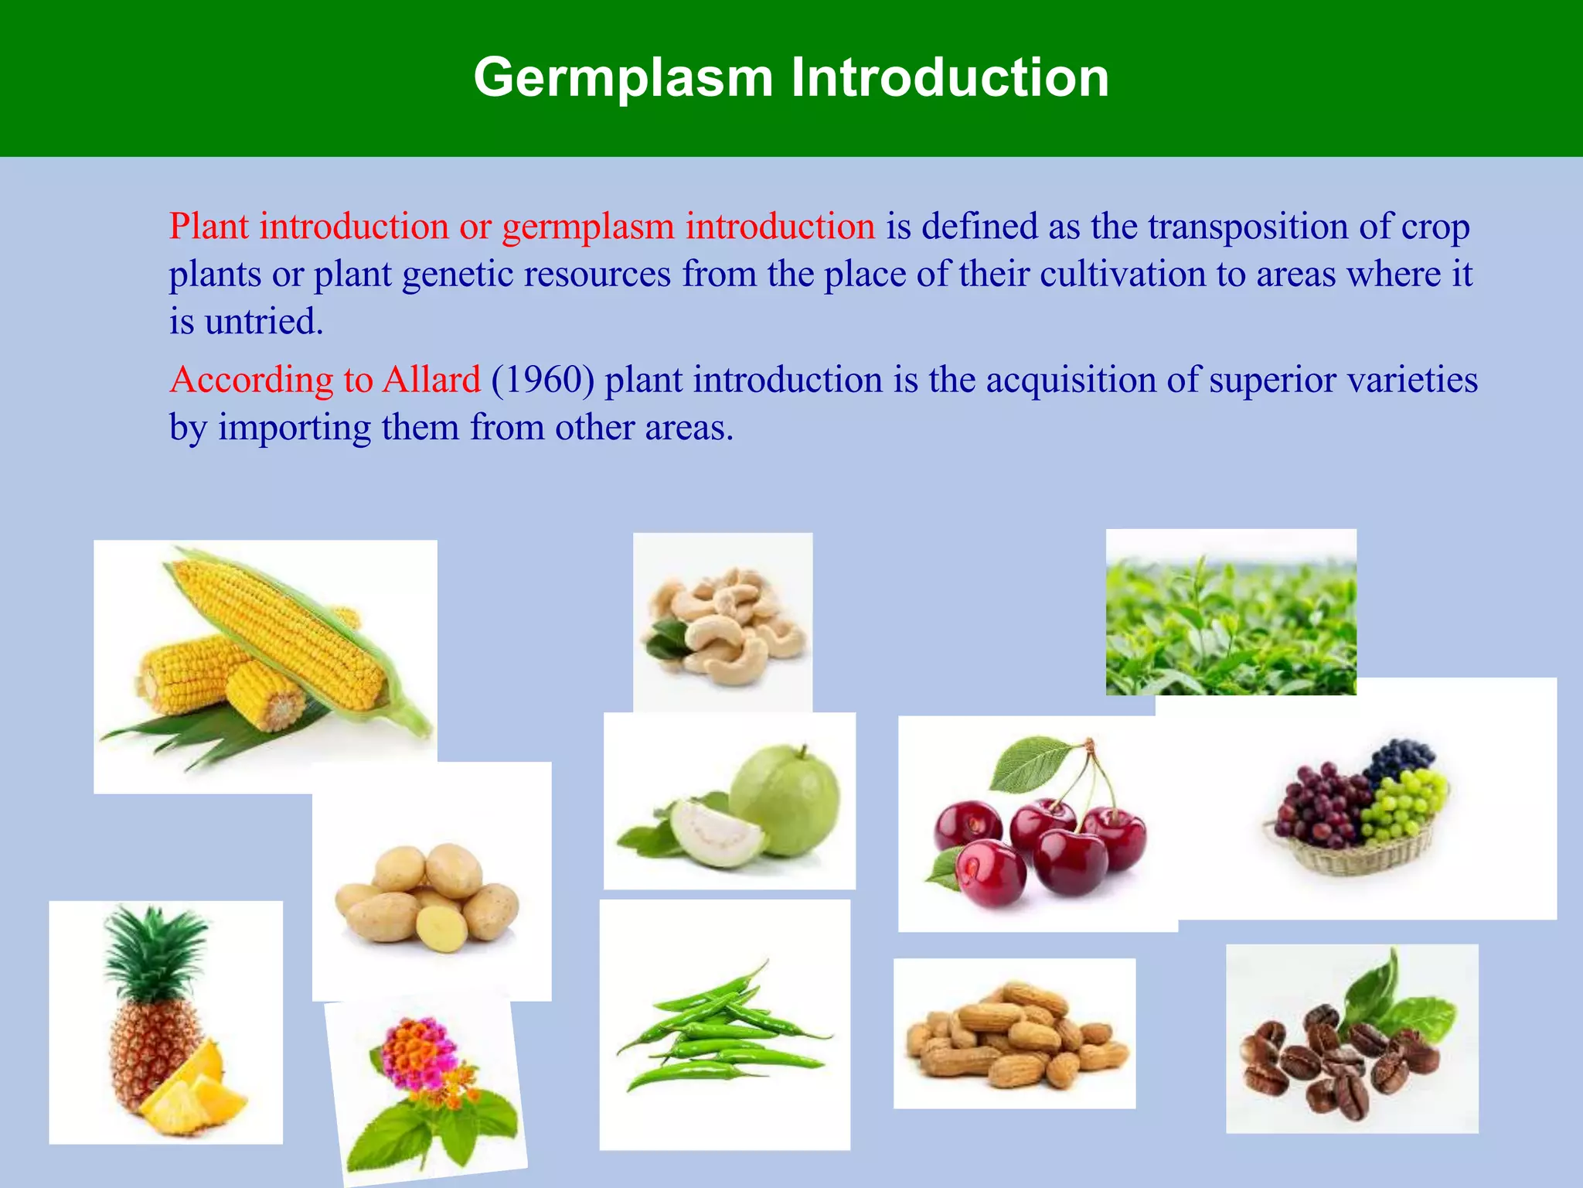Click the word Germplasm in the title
[623, 78]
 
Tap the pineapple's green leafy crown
[155, 951]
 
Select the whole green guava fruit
[785, 801]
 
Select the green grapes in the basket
[1403, 804]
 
